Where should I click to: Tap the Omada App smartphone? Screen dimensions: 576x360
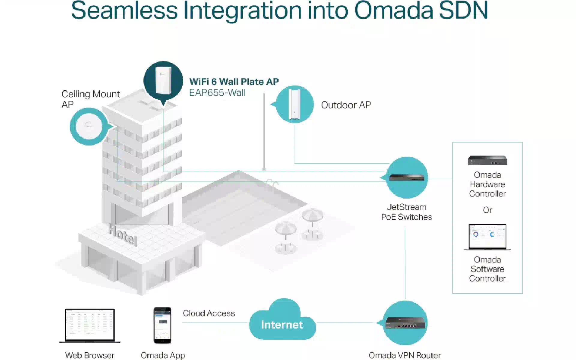[162, 325]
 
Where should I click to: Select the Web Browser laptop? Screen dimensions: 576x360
[90, 326]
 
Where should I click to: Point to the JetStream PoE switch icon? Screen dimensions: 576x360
[407, 178]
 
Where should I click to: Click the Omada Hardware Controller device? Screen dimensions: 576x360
[487, 160]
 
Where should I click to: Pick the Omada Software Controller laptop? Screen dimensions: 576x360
[487, 237]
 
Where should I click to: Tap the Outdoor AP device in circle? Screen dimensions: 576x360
[294, 104]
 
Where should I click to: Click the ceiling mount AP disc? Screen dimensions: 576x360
[89, 126]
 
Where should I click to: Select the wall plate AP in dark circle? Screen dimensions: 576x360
[163, 81]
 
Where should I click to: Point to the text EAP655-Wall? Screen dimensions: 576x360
[217, 93]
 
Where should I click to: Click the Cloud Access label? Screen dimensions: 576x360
[209, 313]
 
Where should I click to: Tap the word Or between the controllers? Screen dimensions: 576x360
[487, 210]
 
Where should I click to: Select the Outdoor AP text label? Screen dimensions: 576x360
[346, 105]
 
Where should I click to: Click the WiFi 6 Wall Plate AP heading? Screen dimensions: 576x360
[234, 82]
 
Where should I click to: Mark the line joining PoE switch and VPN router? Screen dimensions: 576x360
[405, 263]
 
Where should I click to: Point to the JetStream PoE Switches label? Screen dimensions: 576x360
[406, 212]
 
